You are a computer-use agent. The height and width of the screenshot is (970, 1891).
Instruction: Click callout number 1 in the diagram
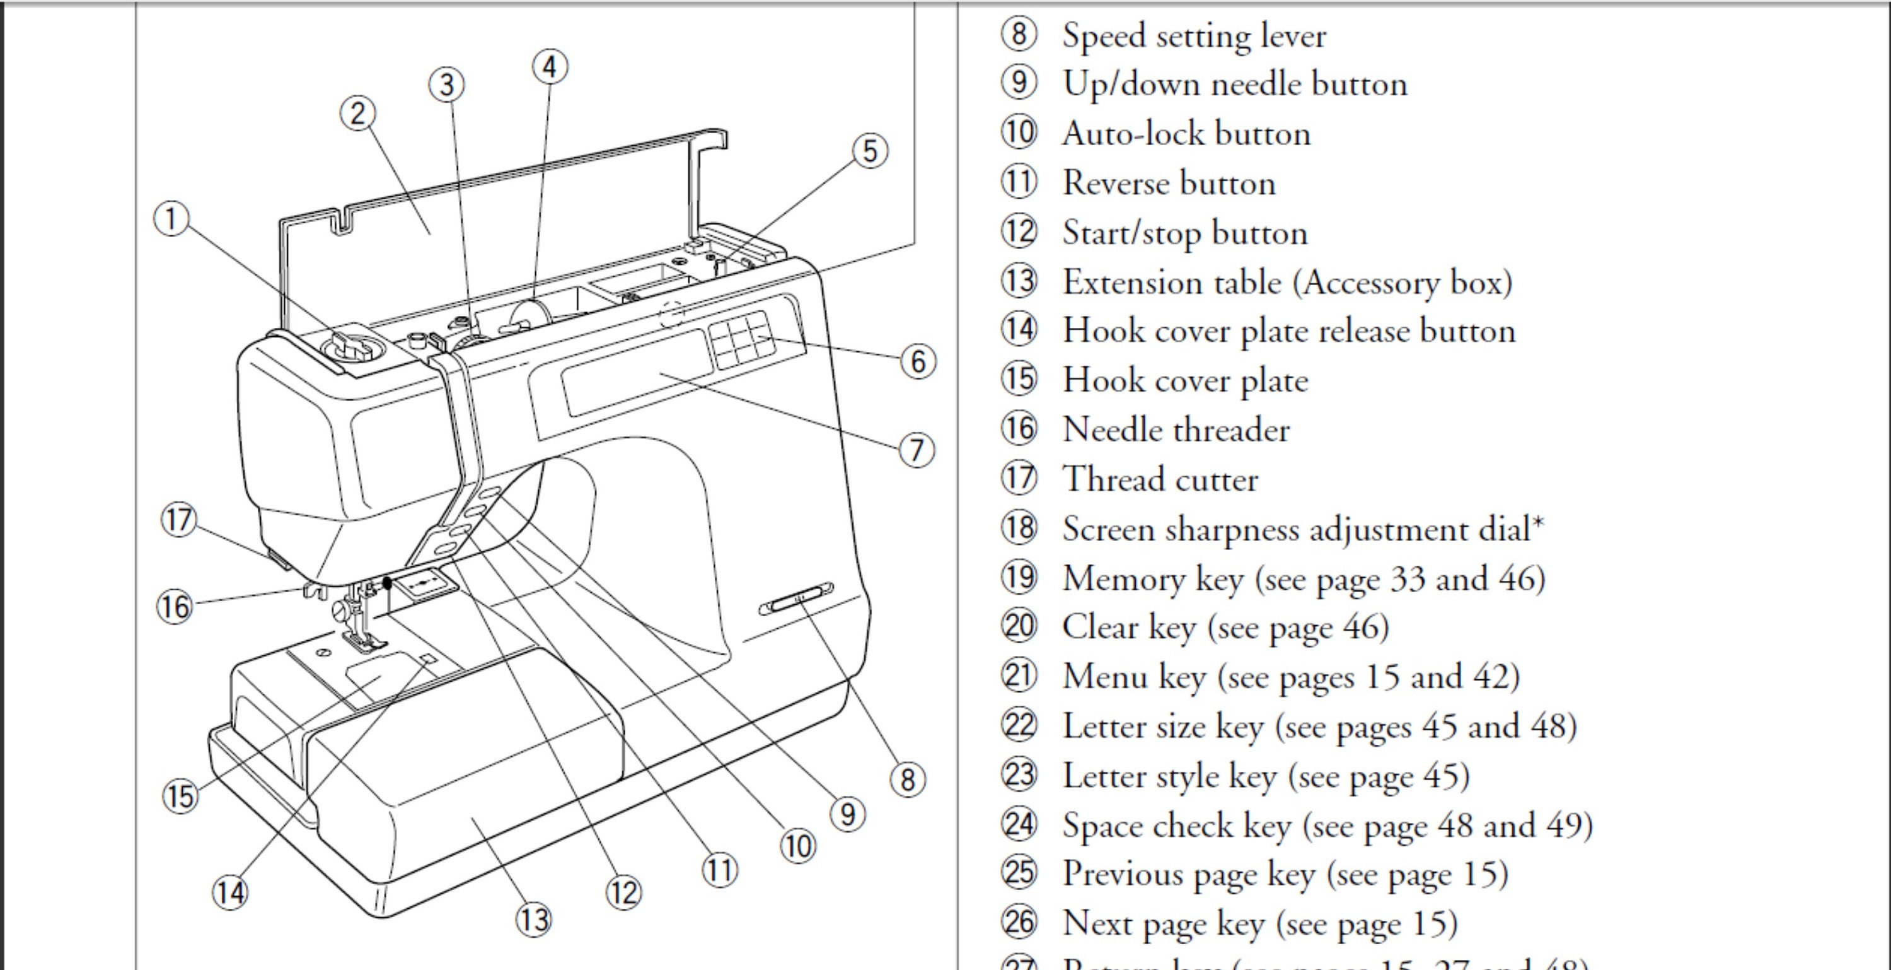click(171, 219)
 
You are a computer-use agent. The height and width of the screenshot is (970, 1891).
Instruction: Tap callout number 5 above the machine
click(870, 151)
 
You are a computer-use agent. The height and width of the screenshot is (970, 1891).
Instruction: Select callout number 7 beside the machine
click(917, 450)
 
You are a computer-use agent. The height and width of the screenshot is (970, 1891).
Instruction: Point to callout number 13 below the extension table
click(534, 920)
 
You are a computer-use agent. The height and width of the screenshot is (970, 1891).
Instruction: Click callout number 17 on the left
click(178, 520)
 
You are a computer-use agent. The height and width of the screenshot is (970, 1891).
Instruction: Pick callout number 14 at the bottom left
click(230, 893)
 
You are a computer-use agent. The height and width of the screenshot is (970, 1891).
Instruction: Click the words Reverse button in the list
click(1169, 183)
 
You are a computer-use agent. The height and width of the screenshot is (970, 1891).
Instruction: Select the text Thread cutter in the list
click(1160, 479)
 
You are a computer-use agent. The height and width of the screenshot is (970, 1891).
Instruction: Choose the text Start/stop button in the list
click(1185, 233)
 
